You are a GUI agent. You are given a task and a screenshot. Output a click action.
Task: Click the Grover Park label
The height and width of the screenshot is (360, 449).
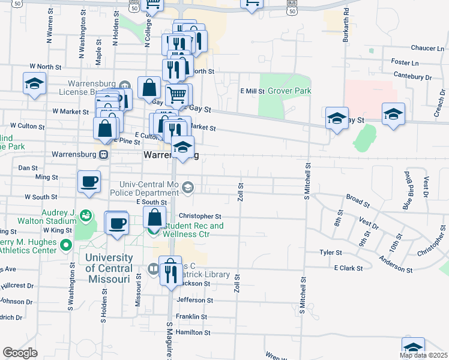pos(289,91)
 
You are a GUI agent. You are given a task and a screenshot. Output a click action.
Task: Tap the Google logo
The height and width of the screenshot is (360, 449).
pos(20,353)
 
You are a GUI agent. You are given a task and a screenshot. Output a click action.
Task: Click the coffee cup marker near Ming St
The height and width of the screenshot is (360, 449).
pos(89,182)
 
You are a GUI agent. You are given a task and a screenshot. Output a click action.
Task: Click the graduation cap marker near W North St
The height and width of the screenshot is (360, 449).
pos(35,84)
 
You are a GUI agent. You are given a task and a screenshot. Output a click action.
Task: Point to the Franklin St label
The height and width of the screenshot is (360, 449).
pos(191,316)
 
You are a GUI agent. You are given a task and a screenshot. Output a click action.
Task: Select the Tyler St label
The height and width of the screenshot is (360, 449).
pos(330,253)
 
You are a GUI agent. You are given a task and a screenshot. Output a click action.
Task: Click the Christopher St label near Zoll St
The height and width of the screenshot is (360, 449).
pos(200,216)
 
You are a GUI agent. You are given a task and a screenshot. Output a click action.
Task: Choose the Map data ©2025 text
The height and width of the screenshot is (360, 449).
pos(424,355)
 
